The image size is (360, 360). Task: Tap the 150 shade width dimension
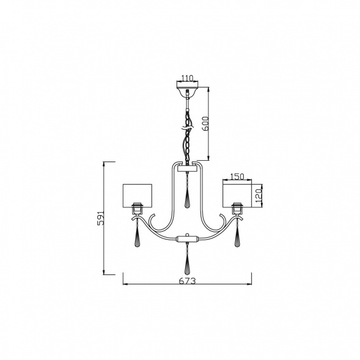(x=237, y=177)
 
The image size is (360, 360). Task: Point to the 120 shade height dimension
(x=259, y=195)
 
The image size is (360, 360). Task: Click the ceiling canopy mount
(x=187, y=92)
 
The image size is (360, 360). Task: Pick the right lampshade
(x=237, y=194)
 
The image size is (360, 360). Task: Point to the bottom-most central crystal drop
(x=188, y=263)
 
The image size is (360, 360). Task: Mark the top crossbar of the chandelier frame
(x=188, y=165)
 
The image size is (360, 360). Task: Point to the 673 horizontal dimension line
(x=153, y=284)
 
